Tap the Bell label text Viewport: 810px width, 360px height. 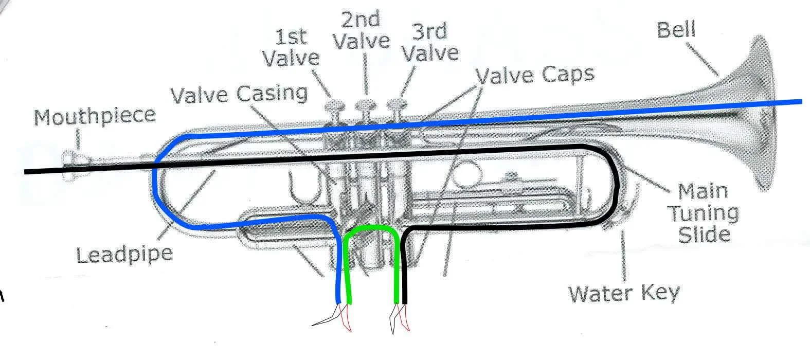(x=676, y=29)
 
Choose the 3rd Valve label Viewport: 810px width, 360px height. (x=429, y=42)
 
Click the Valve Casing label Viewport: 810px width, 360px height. (x=239, y=94)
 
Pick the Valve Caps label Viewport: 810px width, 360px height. (x=535, y=75)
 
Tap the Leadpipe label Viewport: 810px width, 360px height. (x=124, y=254)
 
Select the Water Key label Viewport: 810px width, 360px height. (x=623, y=293)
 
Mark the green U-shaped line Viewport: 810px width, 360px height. (x=372, y=229)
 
